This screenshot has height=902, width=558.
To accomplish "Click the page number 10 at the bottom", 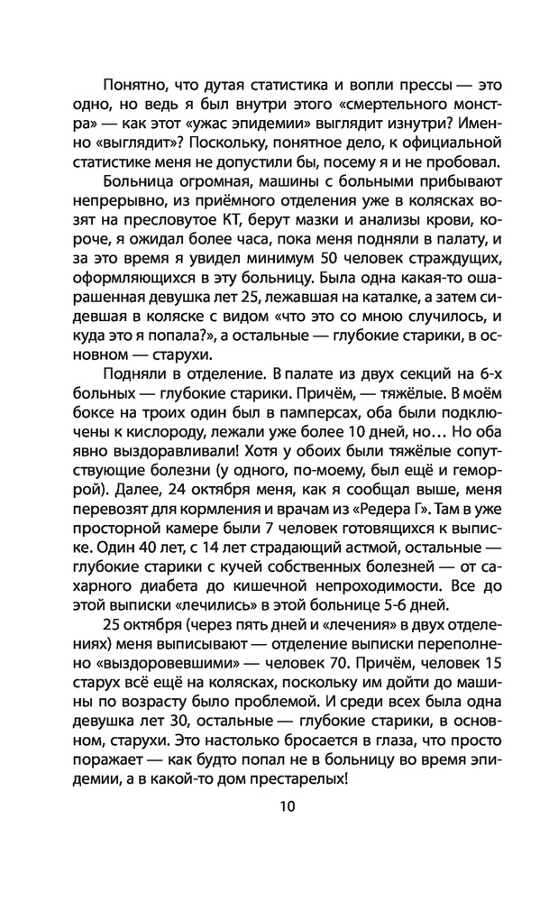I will pyautogui.click(x=279, y=806).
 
